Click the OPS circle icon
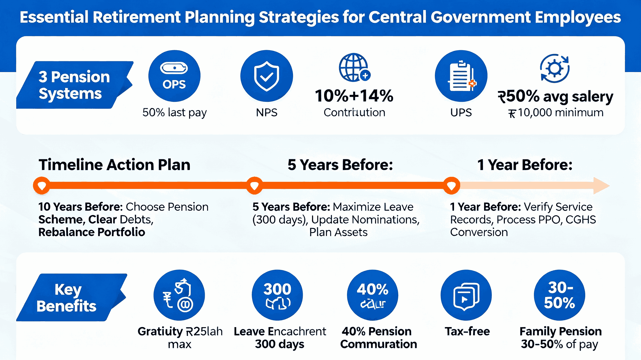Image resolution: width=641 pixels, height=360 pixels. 174,76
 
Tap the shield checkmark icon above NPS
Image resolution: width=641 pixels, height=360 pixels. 266,76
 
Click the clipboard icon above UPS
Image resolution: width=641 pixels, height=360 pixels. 461,76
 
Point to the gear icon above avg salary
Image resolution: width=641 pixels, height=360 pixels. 555,69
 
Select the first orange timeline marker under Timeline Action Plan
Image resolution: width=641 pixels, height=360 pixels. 42,186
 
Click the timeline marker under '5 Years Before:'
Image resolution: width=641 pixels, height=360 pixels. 255,186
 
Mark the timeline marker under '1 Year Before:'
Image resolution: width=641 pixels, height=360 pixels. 452,186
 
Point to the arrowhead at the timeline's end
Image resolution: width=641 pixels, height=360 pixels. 601,186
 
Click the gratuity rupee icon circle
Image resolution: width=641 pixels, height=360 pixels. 179,295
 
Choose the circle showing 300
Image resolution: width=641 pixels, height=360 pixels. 277,295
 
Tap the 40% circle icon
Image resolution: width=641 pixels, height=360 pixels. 373,295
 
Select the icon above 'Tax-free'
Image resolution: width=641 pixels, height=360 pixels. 466,295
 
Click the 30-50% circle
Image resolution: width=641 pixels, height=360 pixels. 560,295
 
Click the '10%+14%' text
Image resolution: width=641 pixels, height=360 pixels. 354,96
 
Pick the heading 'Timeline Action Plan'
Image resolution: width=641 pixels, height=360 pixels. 114,165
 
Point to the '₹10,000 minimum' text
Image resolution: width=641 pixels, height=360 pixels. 556,113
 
